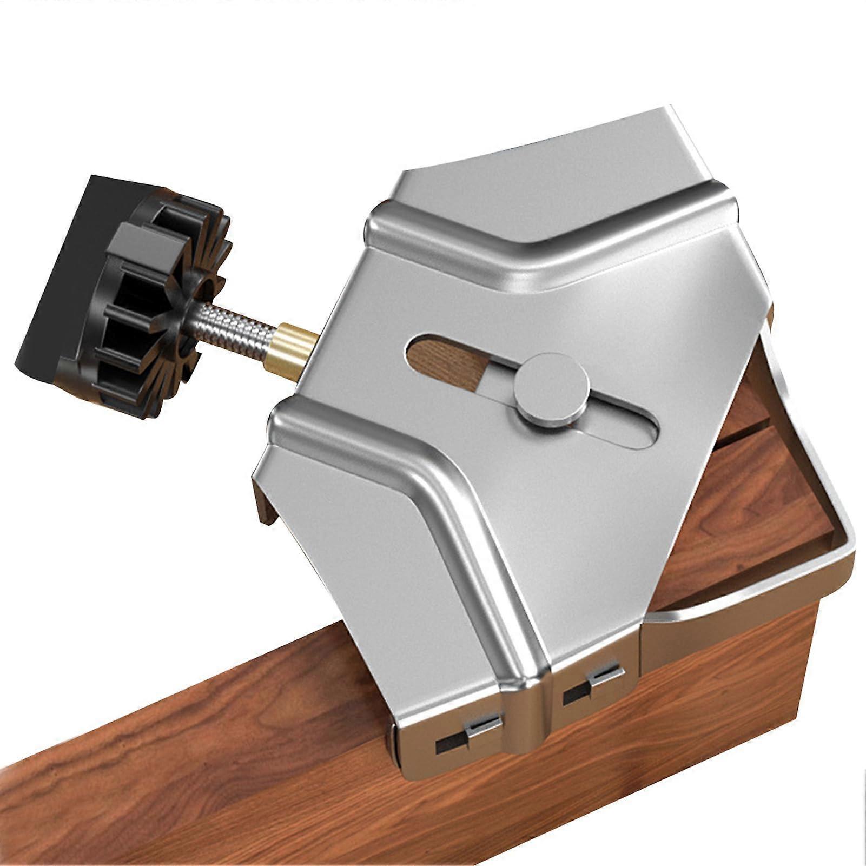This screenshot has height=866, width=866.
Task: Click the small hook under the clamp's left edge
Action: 265,503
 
